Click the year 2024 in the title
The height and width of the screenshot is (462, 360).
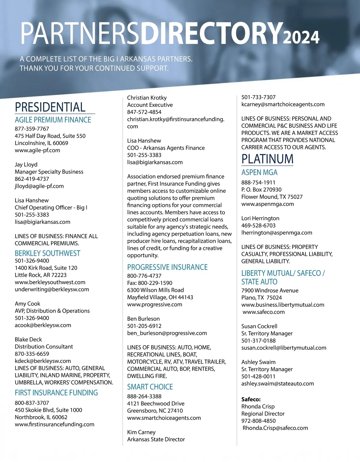pos(301,37)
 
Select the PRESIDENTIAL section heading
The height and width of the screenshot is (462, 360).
pos(50,107)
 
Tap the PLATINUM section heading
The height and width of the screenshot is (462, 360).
pos(267,159)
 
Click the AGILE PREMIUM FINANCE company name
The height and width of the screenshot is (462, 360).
pos(53,120)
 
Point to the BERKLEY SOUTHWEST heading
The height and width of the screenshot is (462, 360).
pos(47,253)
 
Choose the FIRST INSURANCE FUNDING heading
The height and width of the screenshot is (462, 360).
pos(56,393)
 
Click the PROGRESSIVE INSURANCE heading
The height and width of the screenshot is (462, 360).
pos(167,267)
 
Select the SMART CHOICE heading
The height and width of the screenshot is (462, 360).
pos(150,387)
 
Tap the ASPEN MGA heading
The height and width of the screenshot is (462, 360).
pos(259,172)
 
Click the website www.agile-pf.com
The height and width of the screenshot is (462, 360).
pos(37,150)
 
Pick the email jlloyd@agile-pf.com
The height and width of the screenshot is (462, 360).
pos(39,186)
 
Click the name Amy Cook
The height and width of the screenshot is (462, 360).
pos(27,304)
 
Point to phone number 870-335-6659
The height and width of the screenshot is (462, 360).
pos(32,354)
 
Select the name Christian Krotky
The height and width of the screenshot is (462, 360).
pos(147,98)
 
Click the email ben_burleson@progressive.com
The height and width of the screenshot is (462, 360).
pos(167,333)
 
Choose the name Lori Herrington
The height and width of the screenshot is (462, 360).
pos(260,218)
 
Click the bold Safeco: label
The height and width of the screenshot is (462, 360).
pos(251,399)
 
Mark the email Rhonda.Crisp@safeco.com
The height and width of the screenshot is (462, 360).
pos(275,428)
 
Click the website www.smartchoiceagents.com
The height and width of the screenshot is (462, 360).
pos(164,418)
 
